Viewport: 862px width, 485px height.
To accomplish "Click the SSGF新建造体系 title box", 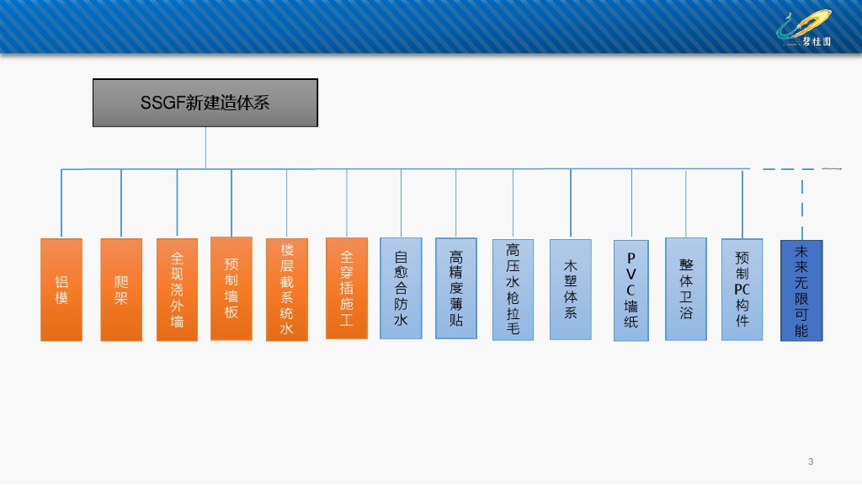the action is click(x=205, y=103).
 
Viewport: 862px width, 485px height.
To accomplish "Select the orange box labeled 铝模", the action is click(x=61, y=290).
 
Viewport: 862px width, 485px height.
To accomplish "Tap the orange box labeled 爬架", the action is click(x=121, y=290).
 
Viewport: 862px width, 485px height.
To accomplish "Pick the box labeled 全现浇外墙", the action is click(x=177, y=290).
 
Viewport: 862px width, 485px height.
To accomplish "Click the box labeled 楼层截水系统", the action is click(x=287, y=290).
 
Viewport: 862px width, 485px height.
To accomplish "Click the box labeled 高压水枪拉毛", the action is click(x=513, y=290).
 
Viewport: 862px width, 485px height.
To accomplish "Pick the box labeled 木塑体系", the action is click(x=571, y=290).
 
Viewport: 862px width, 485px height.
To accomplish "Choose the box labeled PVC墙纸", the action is click(x=631, y=290).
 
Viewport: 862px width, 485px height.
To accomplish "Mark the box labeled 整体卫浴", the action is click(x=686, y=289).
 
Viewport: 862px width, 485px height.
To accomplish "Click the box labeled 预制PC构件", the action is click(x=742, y=290).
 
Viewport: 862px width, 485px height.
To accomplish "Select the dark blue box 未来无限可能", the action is click(x=801, y=290).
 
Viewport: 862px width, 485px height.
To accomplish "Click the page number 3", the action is click(x=811, y=461).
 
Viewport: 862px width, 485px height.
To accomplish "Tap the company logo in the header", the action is click(x=804, y=28).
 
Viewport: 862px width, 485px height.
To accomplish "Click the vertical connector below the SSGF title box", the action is click(x=205, y=147).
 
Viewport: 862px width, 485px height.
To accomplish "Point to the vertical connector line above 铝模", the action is click(x=61, y=202).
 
